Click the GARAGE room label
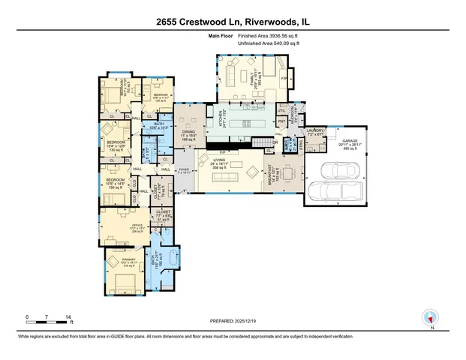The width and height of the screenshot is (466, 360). click(x=350, y=141)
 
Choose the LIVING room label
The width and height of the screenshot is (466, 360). click(x=220, y=160)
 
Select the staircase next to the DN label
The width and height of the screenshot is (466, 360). click(x=260, y=142)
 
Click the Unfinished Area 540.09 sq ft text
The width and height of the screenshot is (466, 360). click(x=267, y=44)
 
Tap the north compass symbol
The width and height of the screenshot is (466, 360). click(x=431, y=317)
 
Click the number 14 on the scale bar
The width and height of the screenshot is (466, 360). click(x=70, y=316)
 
